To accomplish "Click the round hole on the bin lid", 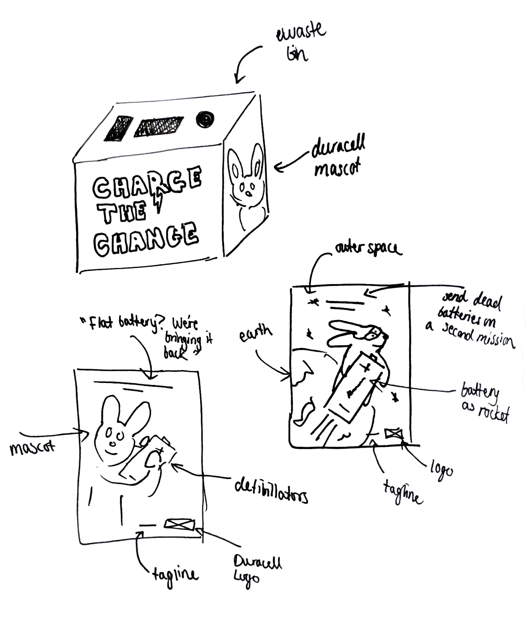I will (x=205, y=119).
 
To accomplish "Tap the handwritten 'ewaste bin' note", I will (x=300, y=43).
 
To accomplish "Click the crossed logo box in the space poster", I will (x=394, y=433).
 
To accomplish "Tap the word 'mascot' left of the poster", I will (x=32, y=448).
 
